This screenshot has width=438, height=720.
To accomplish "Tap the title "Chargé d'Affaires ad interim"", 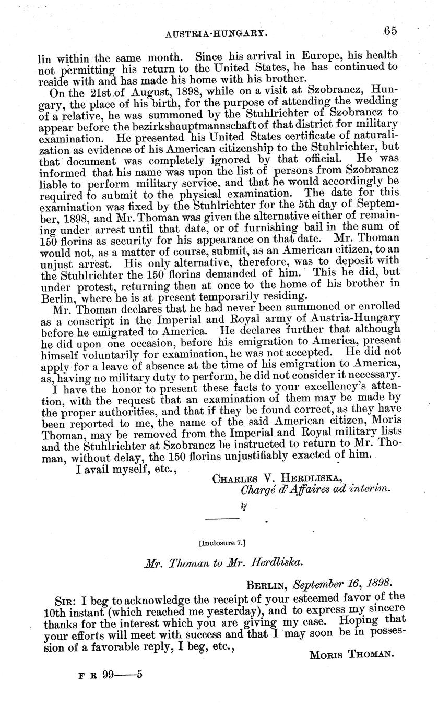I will [315, 490].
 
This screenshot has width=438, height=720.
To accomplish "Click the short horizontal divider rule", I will [223, 518].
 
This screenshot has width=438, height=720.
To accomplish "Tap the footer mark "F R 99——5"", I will [110, 674].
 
